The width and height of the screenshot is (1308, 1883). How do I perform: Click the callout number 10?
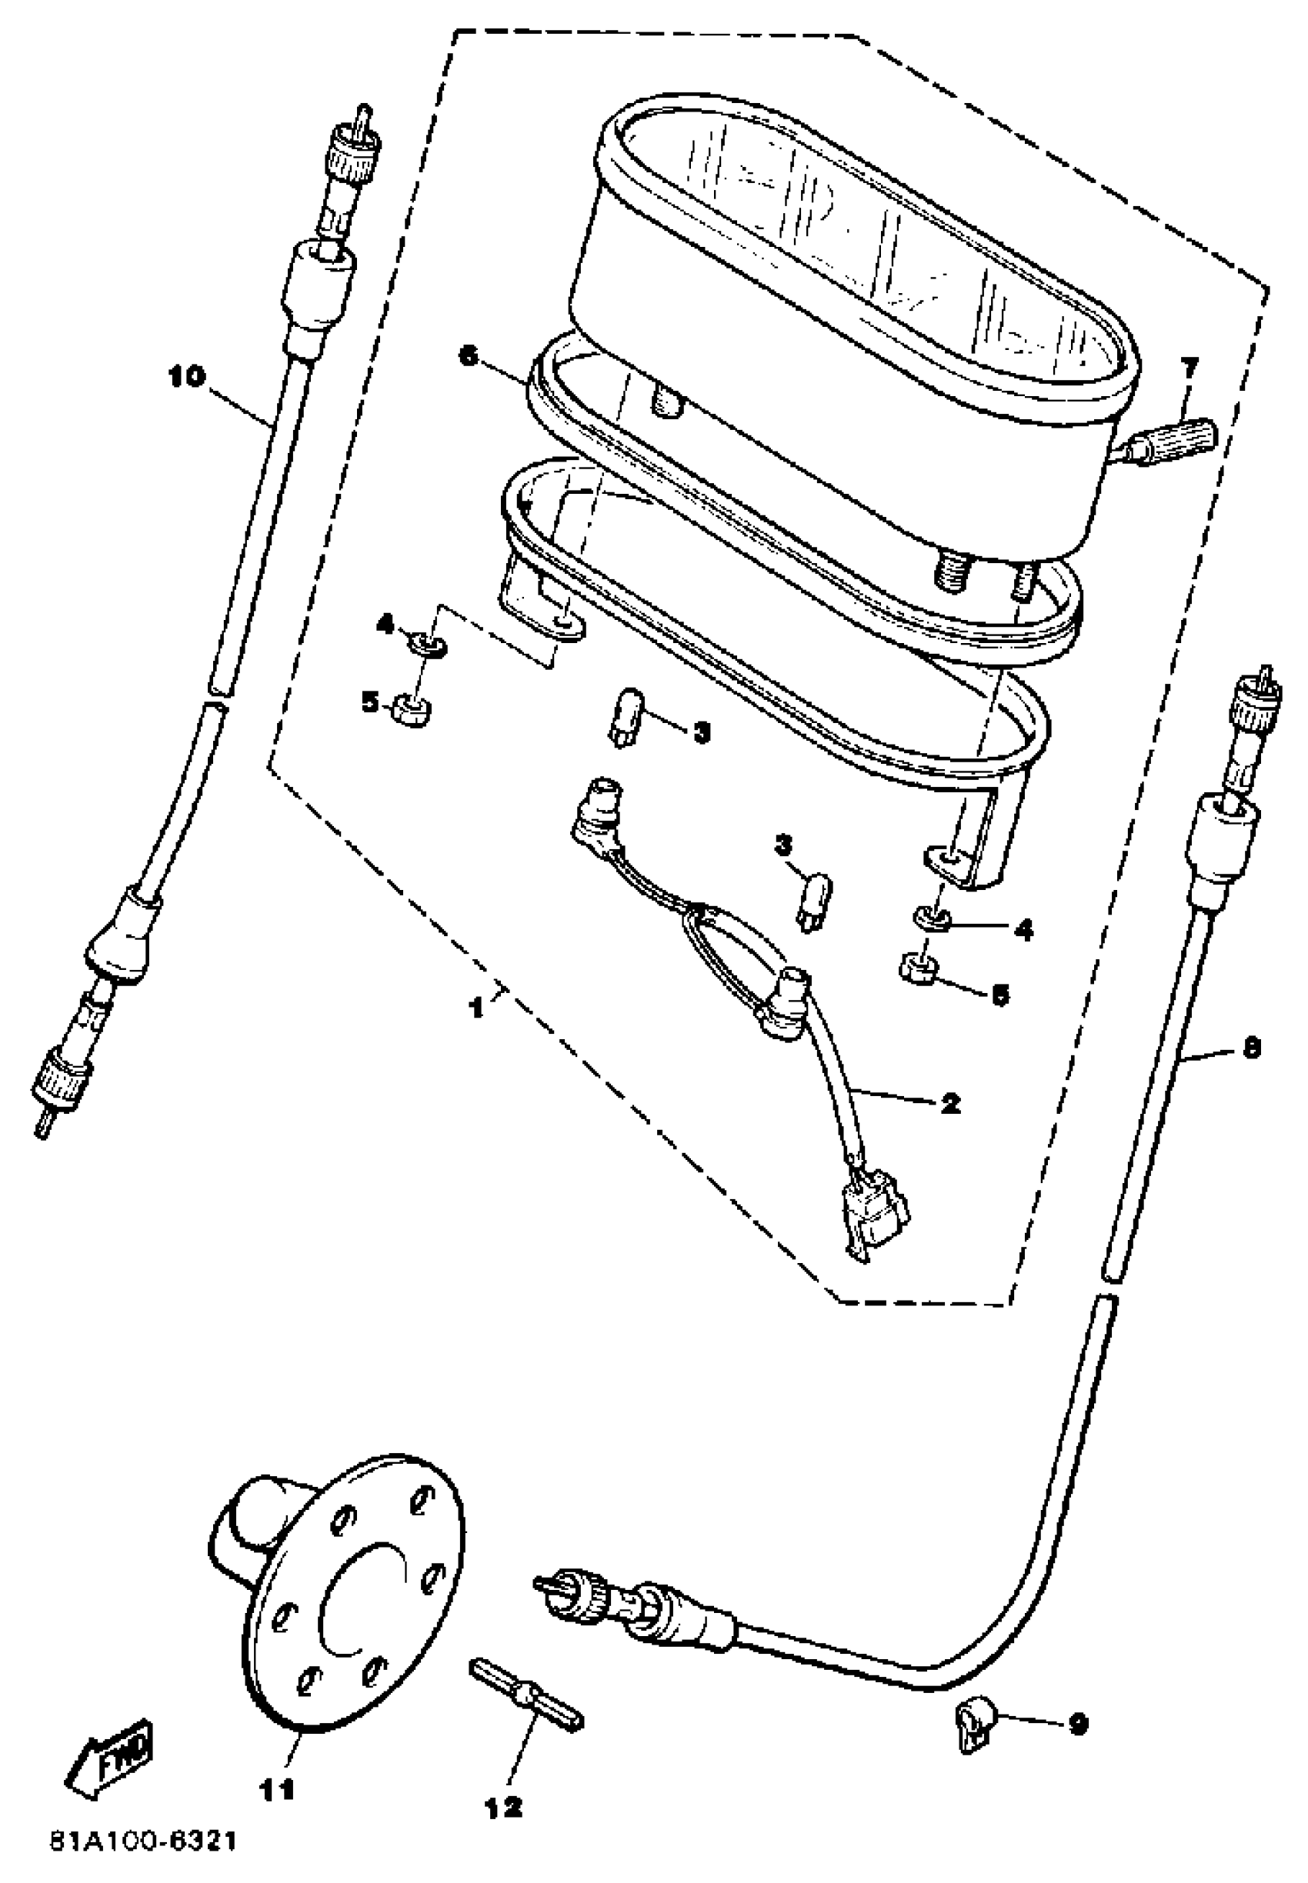[x=186, y=377]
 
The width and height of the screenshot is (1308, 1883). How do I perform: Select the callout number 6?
[x=468, y=357]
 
